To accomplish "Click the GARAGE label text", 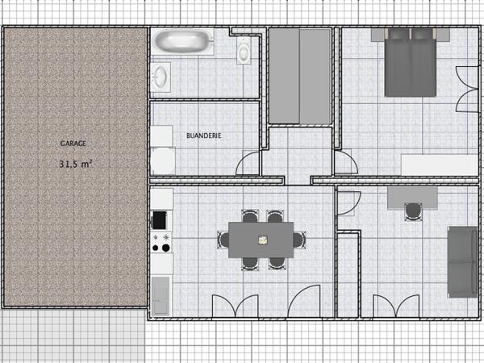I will tap(73, 143).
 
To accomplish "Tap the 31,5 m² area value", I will tap(77, 163).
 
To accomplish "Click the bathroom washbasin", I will tap(161, 77).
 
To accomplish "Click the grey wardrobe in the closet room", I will tap(299, 77).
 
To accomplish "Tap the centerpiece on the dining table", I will tap(262, 240).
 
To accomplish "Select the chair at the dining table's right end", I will tap(302, 240).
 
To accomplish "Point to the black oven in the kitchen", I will tap(159, 219).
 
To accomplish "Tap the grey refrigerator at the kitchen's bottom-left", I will tap(160, 295).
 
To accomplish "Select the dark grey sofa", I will tap(461, 261).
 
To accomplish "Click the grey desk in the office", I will tap(413, 197).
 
